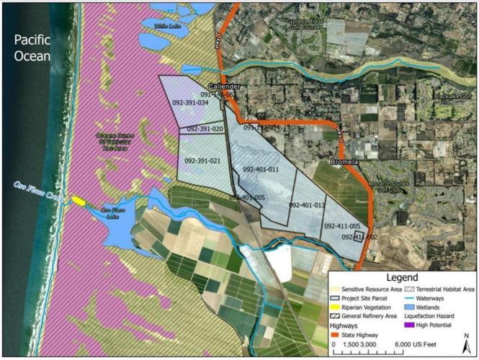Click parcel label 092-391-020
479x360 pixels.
coord(205,129)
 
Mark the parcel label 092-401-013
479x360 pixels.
coord(308,205)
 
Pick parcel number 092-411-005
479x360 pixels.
coord(342,226)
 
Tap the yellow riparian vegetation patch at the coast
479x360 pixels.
coord(76,200)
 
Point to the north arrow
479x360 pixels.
coord(466,338)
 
